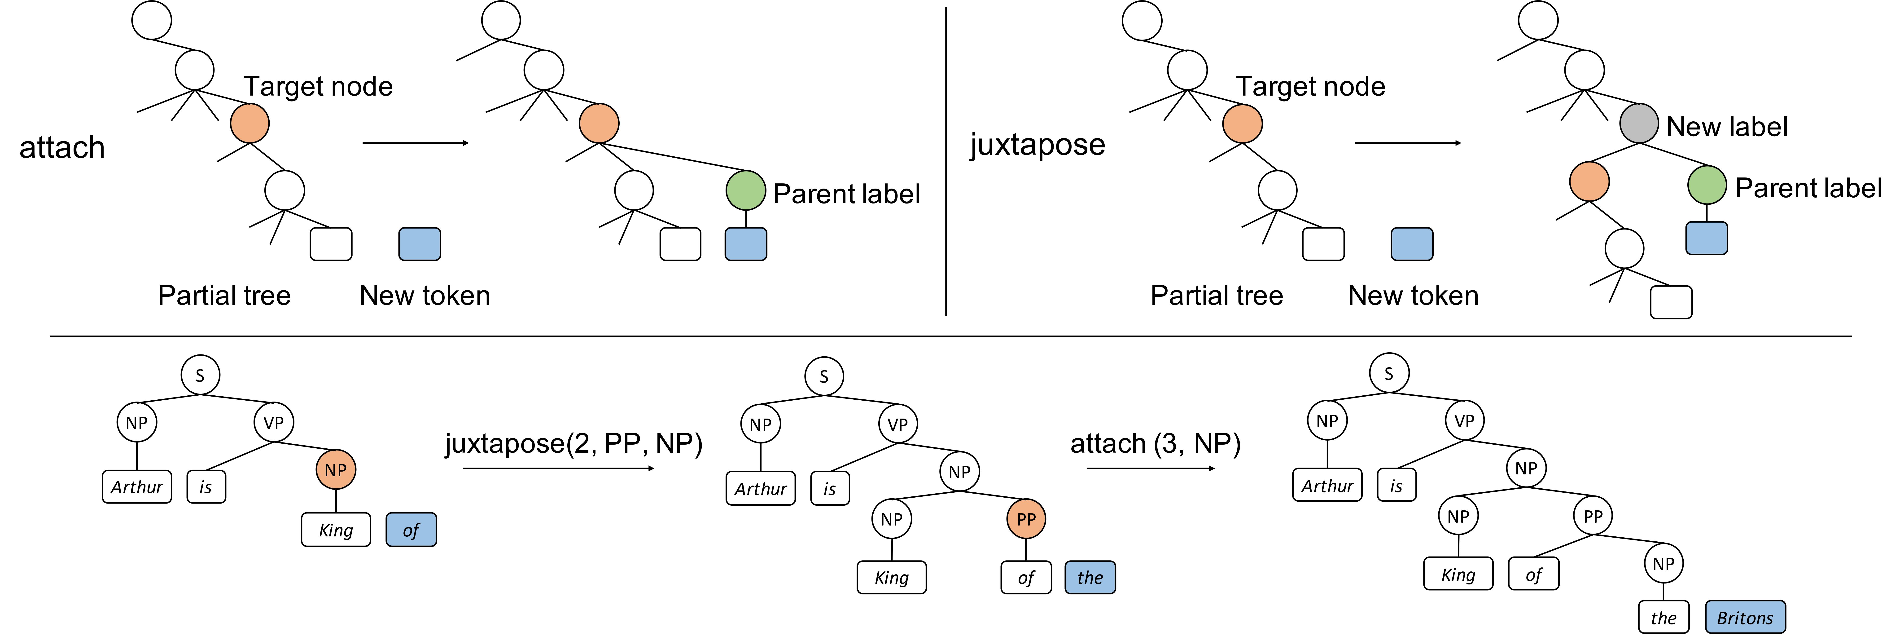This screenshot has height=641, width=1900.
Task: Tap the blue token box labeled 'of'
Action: coord(411,530)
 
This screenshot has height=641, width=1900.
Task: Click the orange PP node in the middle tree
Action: coord(1026,519)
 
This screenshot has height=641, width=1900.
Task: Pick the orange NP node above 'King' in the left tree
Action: coord(336,470)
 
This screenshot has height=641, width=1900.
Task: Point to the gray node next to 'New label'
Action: coord(1639,124)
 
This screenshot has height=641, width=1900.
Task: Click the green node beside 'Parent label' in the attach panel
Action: coord(746,190)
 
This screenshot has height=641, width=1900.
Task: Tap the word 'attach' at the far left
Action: coord(62,147)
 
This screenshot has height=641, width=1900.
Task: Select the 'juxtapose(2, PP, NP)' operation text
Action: coord(573,443)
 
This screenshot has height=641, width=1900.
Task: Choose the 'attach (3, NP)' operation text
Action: coord(1155,443)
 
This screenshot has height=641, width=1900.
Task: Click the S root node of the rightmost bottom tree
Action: coord(1389,373)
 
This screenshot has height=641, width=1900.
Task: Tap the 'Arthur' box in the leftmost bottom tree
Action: coord(136,487)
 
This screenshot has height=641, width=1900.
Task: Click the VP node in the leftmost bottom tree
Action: coord(274,423)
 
